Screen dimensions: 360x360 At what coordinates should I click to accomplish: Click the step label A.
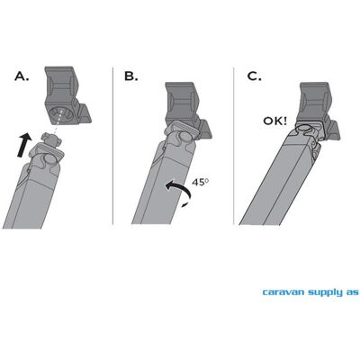click(x=22, y=76)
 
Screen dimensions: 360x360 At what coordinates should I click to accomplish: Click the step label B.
click(x=131, y=76)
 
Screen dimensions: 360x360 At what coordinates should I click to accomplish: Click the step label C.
click(x=254, y=76)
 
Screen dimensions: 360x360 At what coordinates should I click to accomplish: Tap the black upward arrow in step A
click(x=24, y=145)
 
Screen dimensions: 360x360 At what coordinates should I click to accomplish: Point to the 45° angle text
click(x=200, y=182)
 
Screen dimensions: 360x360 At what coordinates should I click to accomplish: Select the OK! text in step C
click(x=275, y=121)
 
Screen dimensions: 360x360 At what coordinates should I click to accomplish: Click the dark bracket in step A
click(x=67, y=95)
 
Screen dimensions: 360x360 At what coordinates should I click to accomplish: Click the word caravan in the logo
click(x=283, y=292)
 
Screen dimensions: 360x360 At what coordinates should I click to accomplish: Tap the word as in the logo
click(x=352, y=292)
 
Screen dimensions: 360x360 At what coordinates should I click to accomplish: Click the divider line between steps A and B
click(x=112, y=146)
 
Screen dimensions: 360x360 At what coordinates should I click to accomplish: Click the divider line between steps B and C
click(x=234, y=146)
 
